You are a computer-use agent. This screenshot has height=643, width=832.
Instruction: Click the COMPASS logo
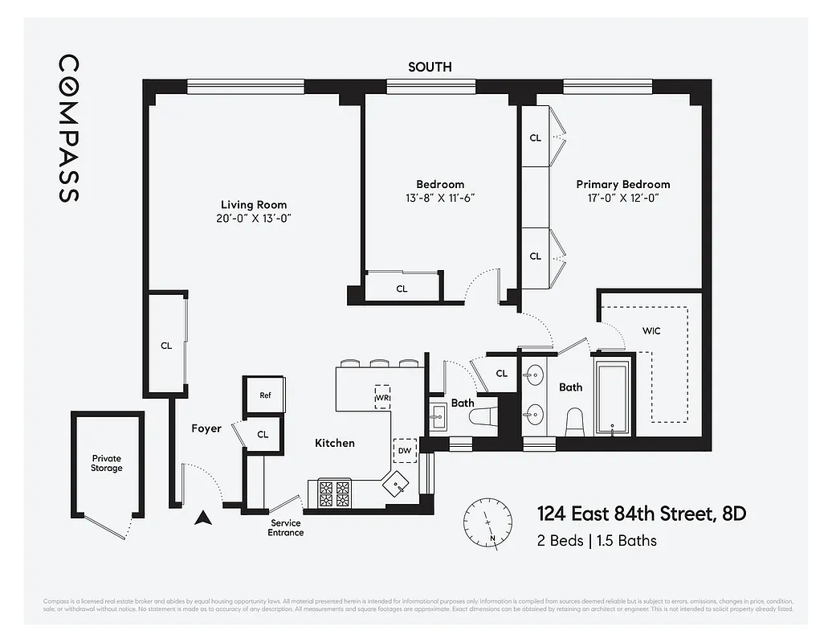[x=69, y=129]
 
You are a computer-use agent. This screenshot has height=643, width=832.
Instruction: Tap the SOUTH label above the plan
[x=430, y=68]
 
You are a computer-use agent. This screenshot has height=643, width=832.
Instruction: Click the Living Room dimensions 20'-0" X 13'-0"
[x=254, y=218]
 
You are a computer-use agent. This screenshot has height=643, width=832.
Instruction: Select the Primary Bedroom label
[x=622, y=184]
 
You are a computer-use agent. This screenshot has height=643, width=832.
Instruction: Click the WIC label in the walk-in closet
[x=651, y=330]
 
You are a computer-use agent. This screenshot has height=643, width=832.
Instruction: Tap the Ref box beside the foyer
[x=264, y=395]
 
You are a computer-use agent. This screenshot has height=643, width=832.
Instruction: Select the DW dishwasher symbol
[x=404, y=451]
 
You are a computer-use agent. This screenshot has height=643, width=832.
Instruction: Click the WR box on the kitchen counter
[x=382, y=396]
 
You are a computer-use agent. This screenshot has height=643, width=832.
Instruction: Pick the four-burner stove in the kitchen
[x=335, y=494]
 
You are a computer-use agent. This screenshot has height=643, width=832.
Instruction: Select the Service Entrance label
[x=285, y=527]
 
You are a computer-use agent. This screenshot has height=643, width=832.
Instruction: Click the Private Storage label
[x=107, y=463]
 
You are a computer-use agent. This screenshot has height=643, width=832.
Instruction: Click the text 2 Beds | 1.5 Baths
[x=596, y=540]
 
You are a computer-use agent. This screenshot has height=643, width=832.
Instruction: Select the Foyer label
[x=206, y=428]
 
